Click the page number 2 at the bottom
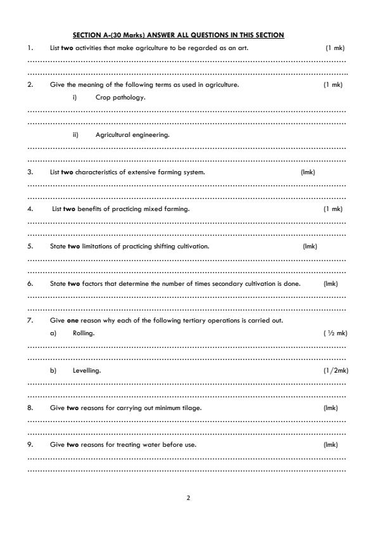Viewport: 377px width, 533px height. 188,498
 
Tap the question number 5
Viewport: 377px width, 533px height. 30,246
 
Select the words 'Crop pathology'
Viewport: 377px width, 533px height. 120,98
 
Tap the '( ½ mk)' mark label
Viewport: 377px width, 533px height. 335,333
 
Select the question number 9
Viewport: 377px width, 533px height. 30,444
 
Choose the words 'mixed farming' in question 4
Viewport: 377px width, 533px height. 169,209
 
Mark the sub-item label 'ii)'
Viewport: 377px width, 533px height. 75,134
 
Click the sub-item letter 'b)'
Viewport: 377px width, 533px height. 54,370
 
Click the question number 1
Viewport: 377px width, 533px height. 30,48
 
